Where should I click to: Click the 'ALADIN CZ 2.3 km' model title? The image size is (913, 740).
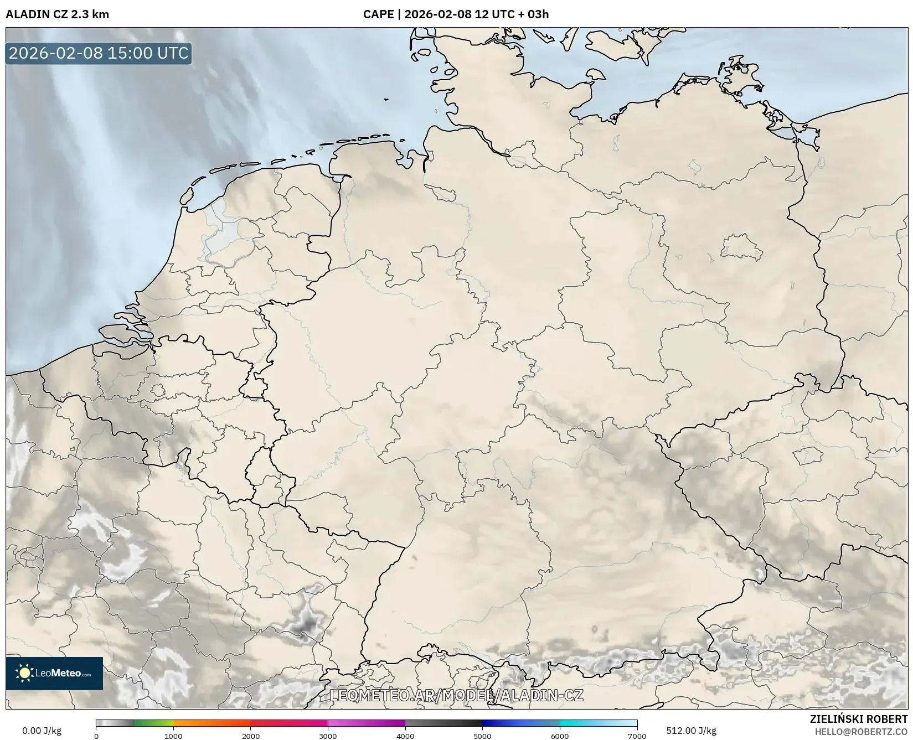click(x=57, y=14)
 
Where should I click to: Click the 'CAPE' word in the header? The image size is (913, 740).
click(x=378, y=14)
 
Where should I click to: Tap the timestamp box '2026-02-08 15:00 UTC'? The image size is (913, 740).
click(x=99, y=53)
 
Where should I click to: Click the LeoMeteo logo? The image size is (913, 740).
click(x=54, y=673)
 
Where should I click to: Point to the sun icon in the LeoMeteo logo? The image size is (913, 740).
click(x=24, y=673)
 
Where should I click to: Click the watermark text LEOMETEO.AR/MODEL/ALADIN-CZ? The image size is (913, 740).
click(x=456, y=695)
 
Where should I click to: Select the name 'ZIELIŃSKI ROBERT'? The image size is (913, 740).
click(x=858, y=720)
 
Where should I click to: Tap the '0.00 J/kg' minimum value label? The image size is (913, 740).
click(x=42, y=731)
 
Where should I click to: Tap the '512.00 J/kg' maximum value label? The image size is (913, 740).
click(x=691, y=731)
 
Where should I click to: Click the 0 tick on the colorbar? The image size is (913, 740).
click(x=96, y=736)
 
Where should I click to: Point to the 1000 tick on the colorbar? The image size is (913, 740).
click(x=173, y=736)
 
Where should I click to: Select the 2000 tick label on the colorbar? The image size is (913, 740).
click(x=251, y=736)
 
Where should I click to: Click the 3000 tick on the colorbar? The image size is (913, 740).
click(x=328, y=736)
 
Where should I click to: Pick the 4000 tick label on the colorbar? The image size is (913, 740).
click(x=405, y=736)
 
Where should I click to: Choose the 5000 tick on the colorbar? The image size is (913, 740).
click(x=482, y=736)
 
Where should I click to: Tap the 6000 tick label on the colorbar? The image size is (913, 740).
click(x=560, y=736)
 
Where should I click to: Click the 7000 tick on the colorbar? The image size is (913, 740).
click(x=637, y=736)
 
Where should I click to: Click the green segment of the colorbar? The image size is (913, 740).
click(x=152, y=723)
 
